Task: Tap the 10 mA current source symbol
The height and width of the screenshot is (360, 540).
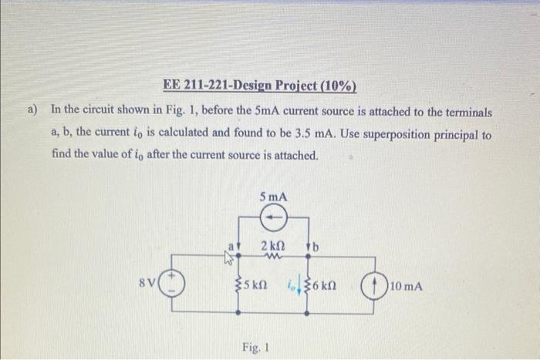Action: click(x=375, y=287)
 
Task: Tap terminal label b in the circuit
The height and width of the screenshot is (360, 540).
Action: click(x=316, y=247)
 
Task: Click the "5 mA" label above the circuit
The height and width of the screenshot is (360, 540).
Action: click(x=273, y=197)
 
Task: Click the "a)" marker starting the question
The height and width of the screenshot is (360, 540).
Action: click(x=33, y=110)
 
